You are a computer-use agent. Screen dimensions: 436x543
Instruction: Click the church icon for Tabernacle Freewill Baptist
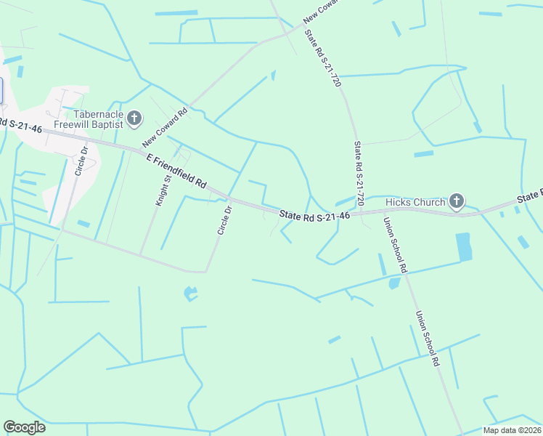[x=134, y=118]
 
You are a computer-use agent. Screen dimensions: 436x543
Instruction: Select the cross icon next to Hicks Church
[x=457, y=201]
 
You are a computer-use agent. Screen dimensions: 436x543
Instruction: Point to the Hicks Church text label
[x=415, y=202]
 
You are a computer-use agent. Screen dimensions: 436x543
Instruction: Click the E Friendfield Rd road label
[x=176, y=171]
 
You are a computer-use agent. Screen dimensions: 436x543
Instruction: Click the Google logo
[x=24, y=427]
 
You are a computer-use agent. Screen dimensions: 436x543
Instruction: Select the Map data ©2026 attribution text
[x=512, y=430]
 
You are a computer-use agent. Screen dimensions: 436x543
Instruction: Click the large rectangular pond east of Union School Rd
[x=463, y=247]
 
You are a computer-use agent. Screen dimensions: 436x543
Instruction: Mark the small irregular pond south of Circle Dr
[x=190, y=294]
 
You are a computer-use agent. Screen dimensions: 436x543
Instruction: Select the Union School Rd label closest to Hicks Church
[x=396, y=245]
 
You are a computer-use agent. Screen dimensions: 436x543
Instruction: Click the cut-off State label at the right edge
[x=530, y=196]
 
